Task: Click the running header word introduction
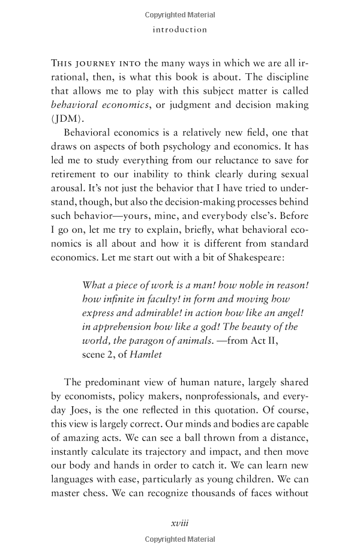coord(179,29)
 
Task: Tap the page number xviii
coord(180,523)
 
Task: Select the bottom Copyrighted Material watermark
coord(180,540)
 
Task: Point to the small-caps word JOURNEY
coord(97,64)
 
